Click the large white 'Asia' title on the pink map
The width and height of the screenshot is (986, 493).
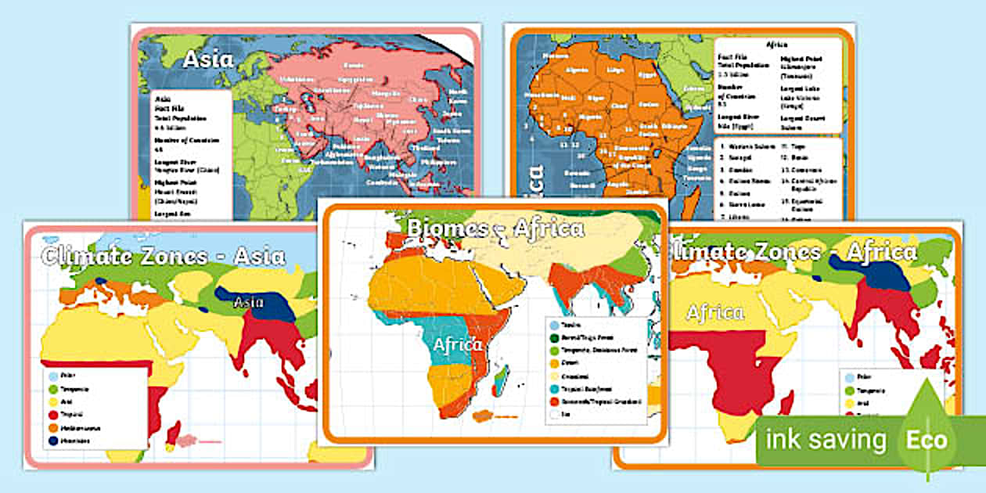pyautogui.click(x=207, y=60)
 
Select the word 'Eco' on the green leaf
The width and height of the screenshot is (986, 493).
pyautogui.click(x=927, y=439)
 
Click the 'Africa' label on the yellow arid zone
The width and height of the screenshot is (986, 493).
pyautogui.click(x=715, y=312)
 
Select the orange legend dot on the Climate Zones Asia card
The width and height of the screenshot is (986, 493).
pyautogui.click(x=52, y=428)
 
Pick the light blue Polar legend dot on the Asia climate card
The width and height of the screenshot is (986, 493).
pyautogui.click(x=52, y=376)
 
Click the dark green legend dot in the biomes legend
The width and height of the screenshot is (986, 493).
pyautogui.click(x=554, y=336)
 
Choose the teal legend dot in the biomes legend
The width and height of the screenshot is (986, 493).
pyautogui.click(x=554, y=388)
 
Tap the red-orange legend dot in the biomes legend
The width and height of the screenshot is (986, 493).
pyautogui.click(x=554, y=401)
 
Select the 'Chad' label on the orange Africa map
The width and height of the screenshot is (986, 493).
pyautogui.click(x=619, y=105)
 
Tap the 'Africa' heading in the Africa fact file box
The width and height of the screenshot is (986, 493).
pyautogui.click(x=777, y=45)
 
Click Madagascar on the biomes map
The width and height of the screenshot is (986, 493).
pyautogui.click(x=506, y=384)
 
